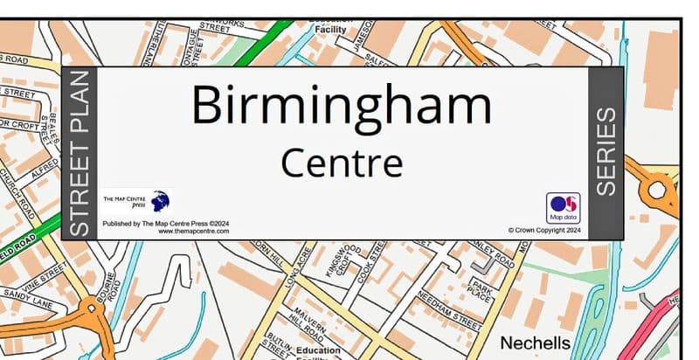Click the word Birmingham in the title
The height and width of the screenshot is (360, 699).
(x=341, y=106)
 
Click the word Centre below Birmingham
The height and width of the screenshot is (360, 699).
(x=342, y=163)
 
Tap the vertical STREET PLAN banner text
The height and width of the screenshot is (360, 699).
(x=80, y=153)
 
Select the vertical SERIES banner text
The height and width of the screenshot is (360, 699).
(x=606, y=151)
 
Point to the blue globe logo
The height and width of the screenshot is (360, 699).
(x=160, y=203)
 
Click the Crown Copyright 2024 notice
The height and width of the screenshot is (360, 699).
(x=544, y=231)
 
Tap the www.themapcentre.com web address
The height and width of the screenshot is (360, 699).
(x=193, y=232)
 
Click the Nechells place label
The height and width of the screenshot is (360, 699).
(x=535, y=343)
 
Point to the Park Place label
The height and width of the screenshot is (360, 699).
(x=480, y=290)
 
